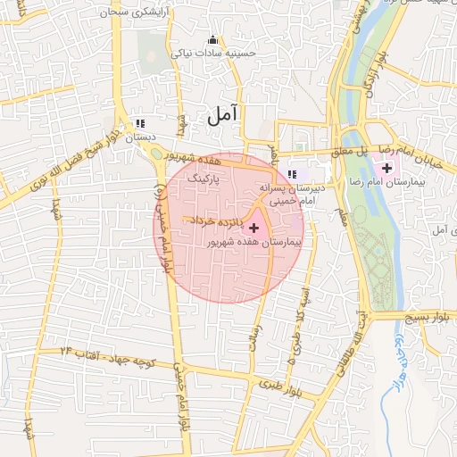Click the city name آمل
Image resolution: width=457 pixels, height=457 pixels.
click(223, 113)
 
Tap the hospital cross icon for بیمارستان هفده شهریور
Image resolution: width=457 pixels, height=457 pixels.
click(253, 228)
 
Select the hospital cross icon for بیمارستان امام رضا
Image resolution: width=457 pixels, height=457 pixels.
click(386, 167)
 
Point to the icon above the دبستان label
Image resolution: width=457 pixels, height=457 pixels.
click(138, 123)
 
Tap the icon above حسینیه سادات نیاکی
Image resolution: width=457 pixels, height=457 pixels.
click(212, 39)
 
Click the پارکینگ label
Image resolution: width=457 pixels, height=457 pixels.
click(203, 179)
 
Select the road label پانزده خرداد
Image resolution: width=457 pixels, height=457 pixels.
click(216, 220)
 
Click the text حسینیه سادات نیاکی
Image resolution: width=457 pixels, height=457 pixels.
click(217, 54)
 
